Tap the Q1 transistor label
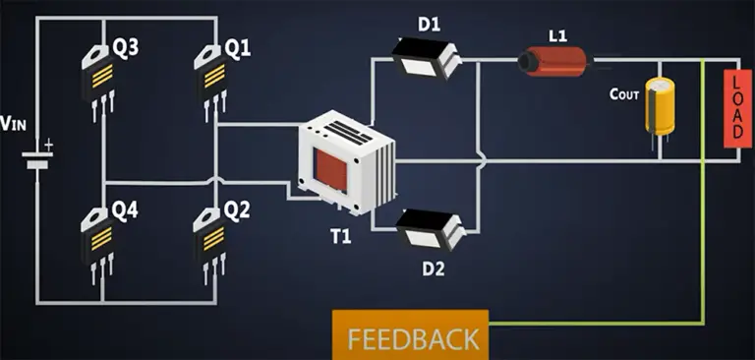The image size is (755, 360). (x=237, y=47)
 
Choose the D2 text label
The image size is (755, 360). (x=434, y=267)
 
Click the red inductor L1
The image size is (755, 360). (x=552, y=64)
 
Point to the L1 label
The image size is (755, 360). (x=557, y=36)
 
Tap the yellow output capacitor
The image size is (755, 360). (x=657, y=107)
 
